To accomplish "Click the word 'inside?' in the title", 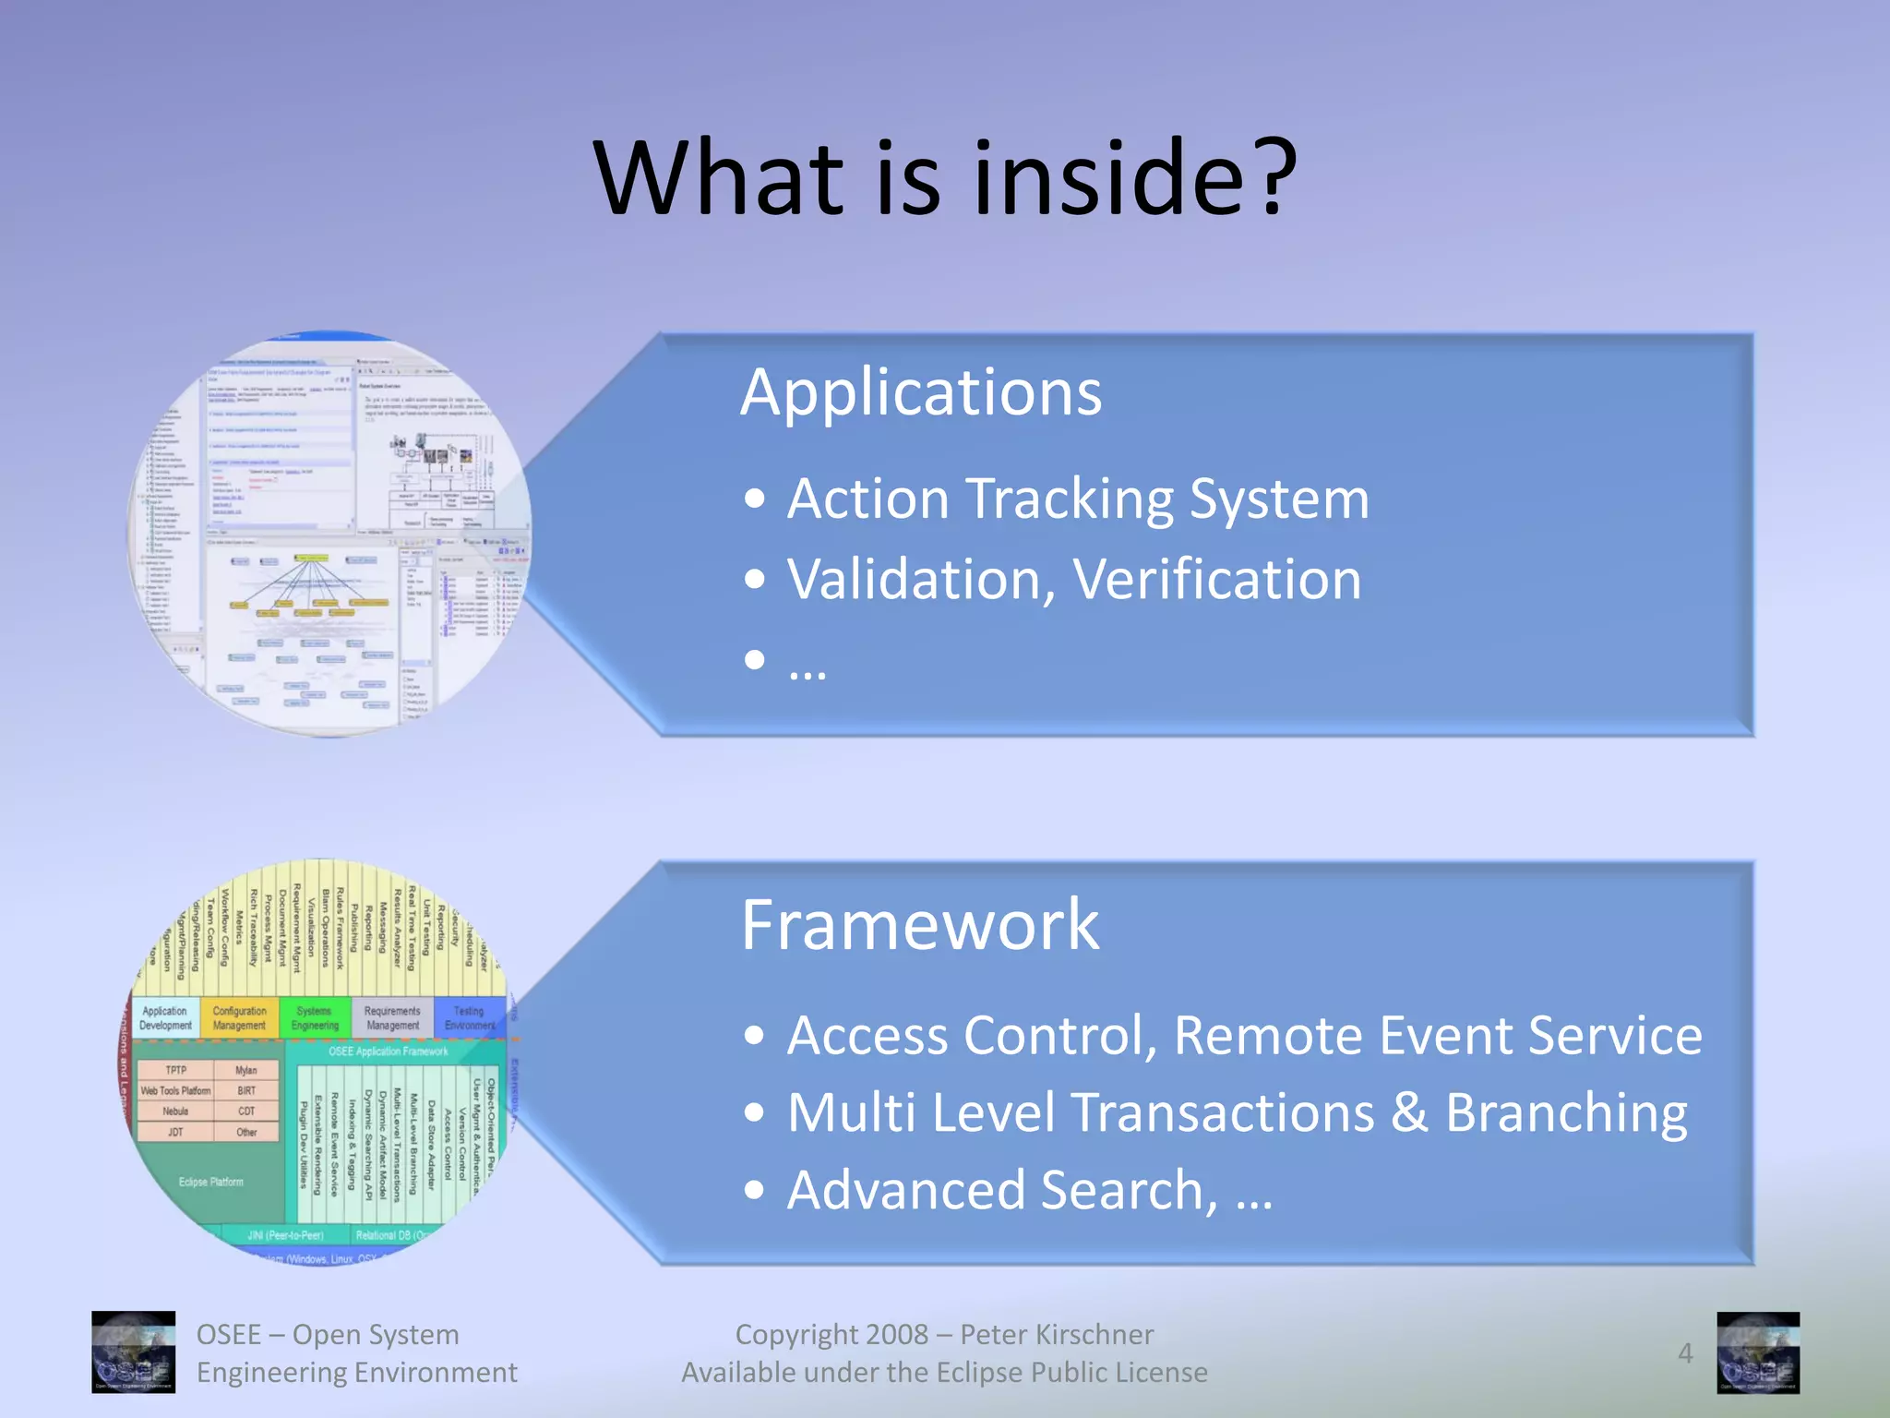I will (1135, 177).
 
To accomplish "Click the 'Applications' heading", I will (920, 392).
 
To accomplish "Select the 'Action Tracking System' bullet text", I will (1077, 499).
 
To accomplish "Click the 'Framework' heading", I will (919, 925).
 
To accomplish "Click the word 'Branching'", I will (1566, 1112).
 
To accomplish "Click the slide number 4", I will (1684, 1353).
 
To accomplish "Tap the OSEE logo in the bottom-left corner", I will (133, 1352).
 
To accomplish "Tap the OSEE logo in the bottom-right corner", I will (1757, 1352).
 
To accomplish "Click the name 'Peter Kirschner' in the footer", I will (1056, 1335).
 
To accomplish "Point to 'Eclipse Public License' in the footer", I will (1071, 1373).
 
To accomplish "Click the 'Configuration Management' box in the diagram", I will (239, 1018).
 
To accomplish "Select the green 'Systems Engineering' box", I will (315, 1018).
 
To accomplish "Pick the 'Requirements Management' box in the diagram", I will (392, 1018).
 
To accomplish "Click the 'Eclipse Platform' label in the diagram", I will (210, 1182).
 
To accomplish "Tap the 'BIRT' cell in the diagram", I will (246, 1090).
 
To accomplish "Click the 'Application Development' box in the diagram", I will (166, 1018).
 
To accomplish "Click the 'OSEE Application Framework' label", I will (388, 1051).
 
